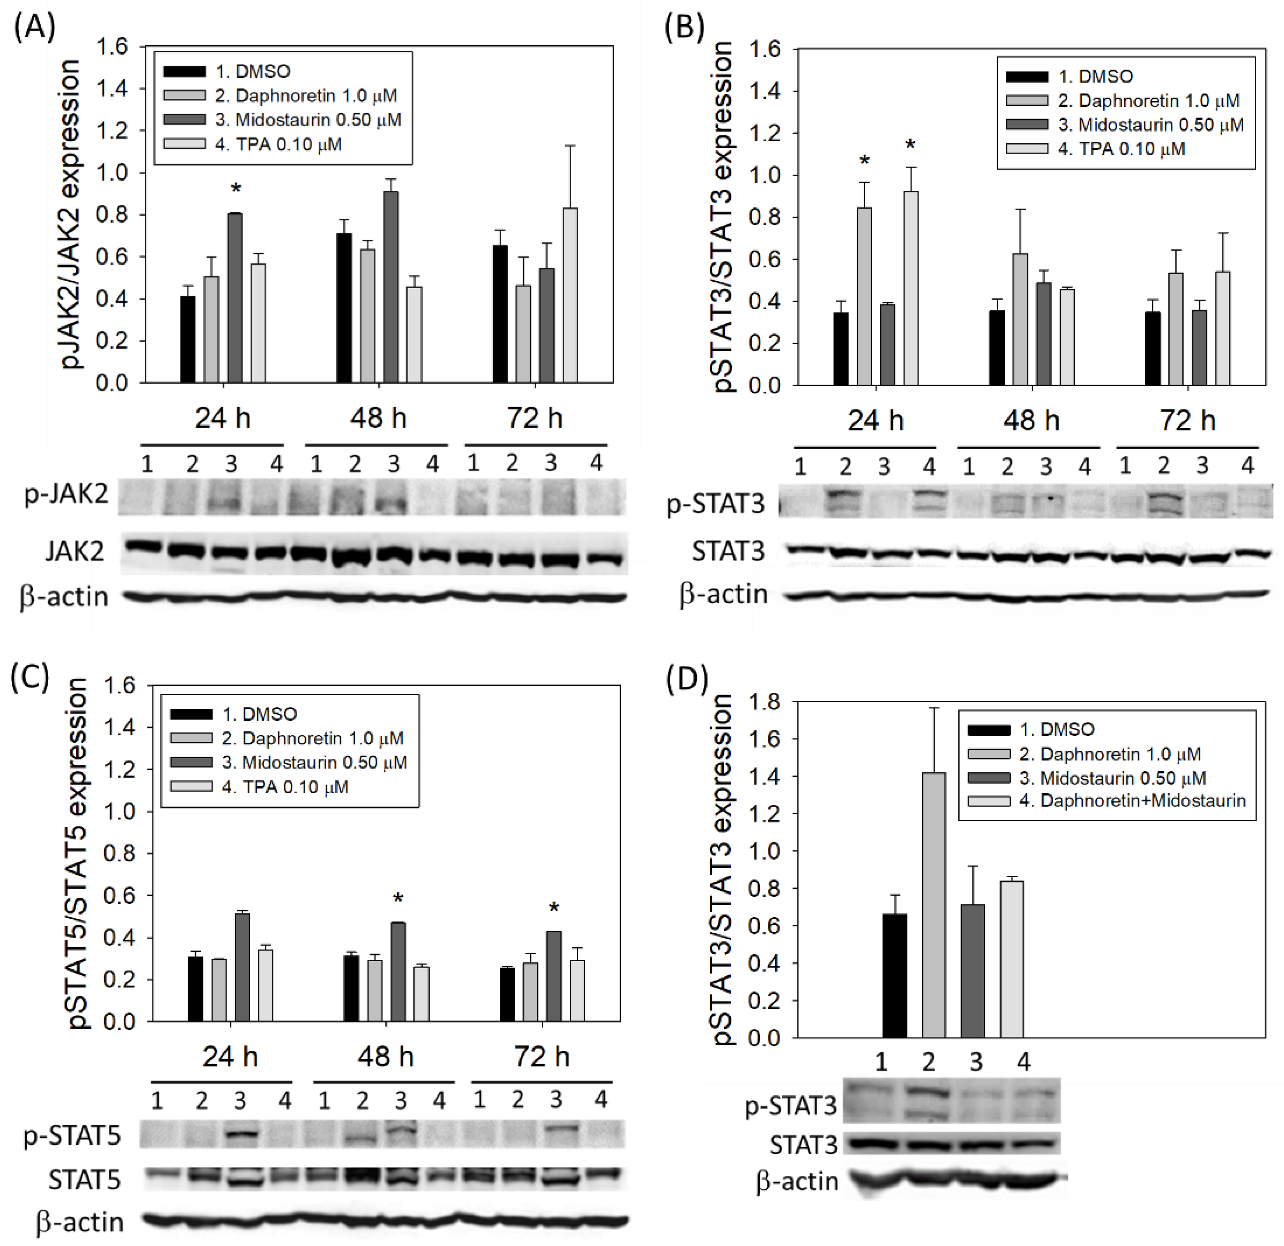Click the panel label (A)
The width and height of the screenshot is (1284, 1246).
pos(34,28)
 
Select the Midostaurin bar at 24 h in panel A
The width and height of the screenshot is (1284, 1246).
pos(235,298)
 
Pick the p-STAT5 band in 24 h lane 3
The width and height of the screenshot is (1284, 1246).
pos(240,1134)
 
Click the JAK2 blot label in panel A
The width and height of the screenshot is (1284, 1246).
pos(74,552)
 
